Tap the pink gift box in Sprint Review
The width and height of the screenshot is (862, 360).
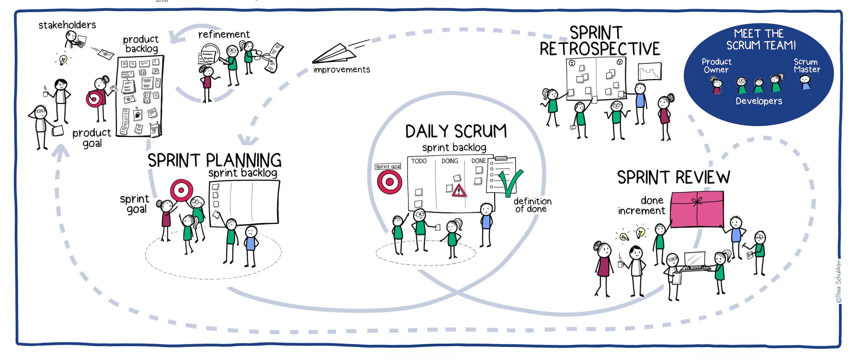(x=697, y=209)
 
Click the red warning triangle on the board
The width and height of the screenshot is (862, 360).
(x=459, y=191)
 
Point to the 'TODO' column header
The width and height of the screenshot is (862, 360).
(x=419, y=161)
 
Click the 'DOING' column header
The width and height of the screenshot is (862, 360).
(x=450, y=161)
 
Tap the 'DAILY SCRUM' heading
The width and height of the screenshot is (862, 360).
(x=456, y=132)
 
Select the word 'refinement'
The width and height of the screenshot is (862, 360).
(x=224, y=34)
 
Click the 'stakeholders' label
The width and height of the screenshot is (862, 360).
(x=67, y=25)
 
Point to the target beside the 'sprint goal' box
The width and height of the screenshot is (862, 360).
(x=389, y=182)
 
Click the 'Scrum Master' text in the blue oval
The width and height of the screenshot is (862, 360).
(x=806, y=66)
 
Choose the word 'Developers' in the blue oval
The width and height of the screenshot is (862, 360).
(x=759, y=101)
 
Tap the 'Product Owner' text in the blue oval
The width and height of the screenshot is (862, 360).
(x=716, y=66)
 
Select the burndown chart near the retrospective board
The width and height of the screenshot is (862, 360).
(x=650, y=71)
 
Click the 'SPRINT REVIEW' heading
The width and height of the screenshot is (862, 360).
(x=673, y=178)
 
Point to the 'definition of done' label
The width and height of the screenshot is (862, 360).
(x=532, y=205)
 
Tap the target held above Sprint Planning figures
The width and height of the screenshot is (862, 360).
(x=181, y=190)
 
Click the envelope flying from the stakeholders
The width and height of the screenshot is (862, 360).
(x=106, y=53)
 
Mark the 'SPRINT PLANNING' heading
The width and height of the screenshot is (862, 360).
(x=214, y=160)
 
